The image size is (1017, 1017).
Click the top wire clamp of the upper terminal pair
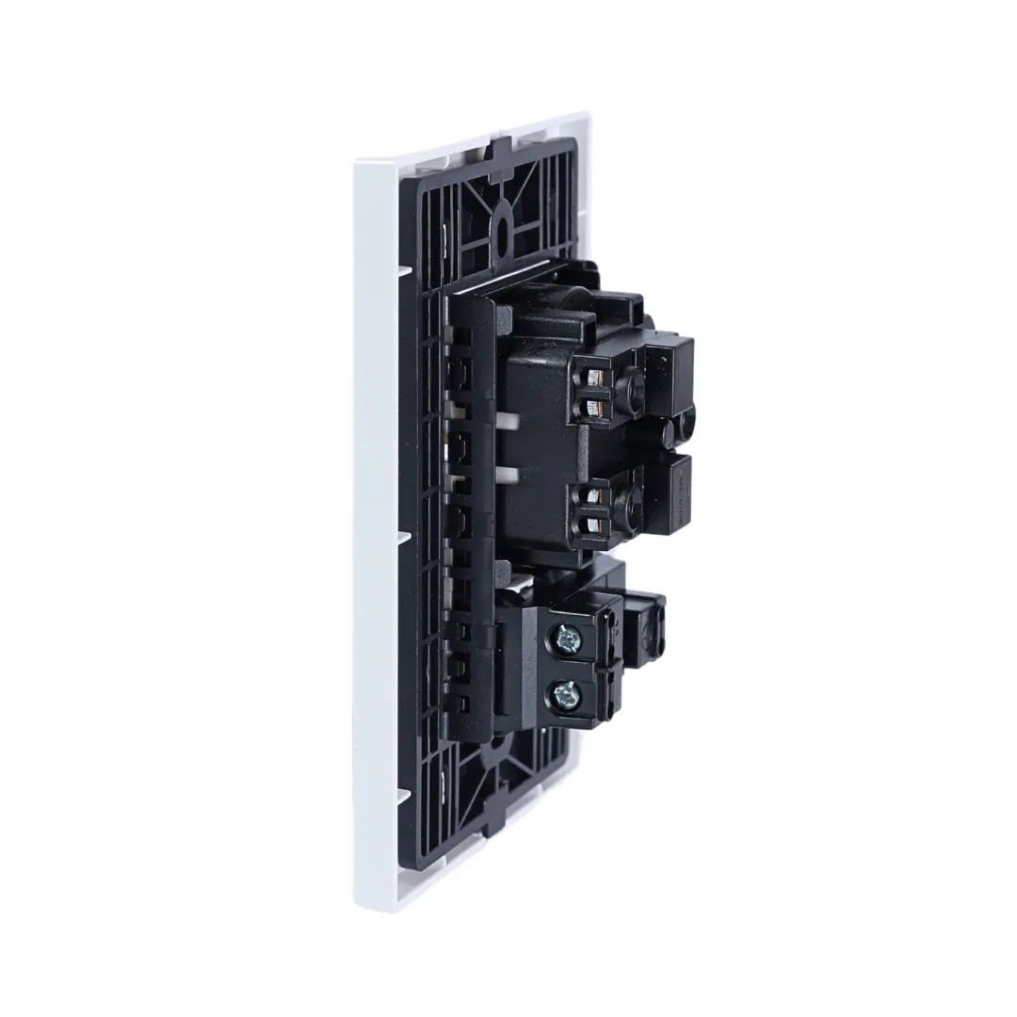594,378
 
